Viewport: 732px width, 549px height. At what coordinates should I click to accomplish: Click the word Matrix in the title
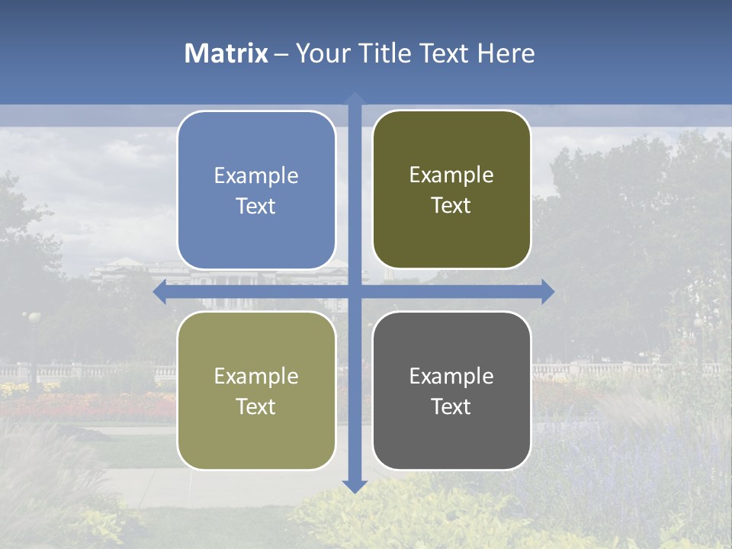pos(226,53)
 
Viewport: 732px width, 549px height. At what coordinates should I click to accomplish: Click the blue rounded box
pos(256,190)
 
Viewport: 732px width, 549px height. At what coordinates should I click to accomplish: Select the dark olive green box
pos(451,189)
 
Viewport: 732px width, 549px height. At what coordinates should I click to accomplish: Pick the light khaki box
pos(256,390)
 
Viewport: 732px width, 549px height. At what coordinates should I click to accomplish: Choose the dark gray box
pos(451,390)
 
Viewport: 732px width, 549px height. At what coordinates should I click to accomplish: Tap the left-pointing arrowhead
pos(159,292)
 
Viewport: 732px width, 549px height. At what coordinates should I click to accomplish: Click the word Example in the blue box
pos(256,176)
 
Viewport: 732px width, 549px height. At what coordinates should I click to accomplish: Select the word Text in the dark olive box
pos(451,206)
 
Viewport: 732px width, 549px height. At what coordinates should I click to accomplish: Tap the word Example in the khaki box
pos(256,377)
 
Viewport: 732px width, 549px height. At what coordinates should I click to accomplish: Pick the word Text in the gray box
pos(451,407)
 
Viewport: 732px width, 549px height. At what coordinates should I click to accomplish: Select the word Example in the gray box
pos(451,377)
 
